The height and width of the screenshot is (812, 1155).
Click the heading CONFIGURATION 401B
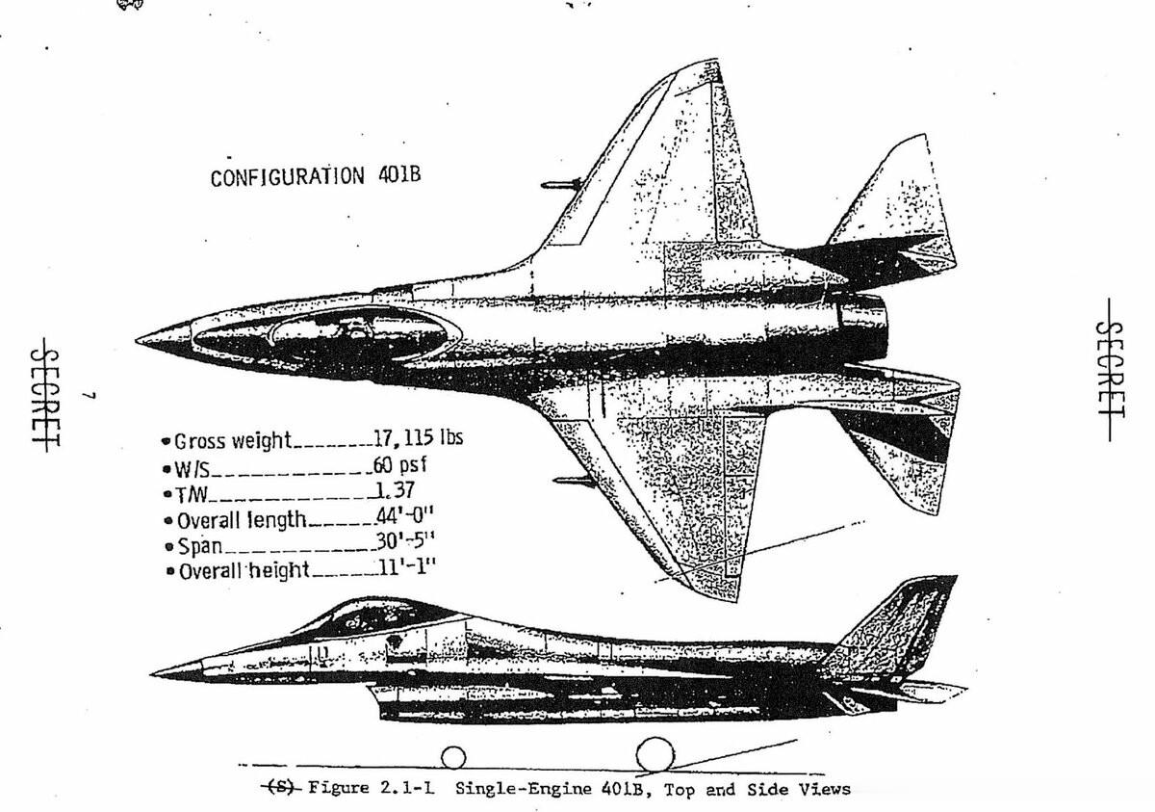click(x=316, y=177)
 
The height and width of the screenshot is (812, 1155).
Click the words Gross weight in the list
click(x=232, y=441)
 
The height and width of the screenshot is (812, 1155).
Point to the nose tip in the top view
click(x=141, y=339)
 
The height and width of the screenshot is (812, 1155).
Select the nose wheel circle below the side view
click(x=453, y=758)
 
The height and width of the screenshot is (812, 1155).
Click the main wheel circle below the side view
click(x=654, y=755)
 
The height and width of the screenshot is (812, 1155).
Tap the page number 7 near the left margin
click(x=88, y=396)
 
